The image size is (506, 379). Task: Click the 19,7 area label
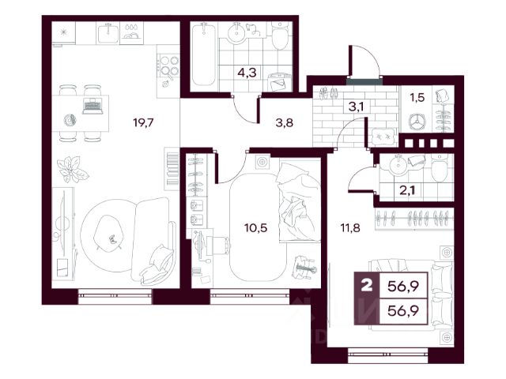[x=144, y=123]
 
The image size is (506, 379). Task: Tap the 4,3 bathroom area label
[x=247, y=73]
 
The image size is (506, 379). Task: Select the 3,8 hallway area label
[x=285, y=122]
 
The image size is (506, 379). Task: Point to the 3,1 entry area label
[x=357, y=106]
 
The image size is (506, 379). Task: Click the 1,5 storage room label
[x=417, y=97]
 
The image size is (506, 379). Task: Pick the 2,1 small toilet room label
[x=407, y=190]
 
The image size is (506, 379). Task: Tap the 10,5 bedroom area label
[x=256, y=228]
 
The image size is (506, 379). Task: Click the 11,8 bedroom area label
[x=350, y=228]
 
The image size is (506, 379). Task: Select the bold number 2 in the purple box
[x=367, y=286]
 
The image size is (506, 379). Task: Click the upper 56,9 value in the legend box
[x=403, y=286]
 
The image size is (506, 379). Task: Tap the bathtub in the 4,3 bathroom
[x=204, y=55]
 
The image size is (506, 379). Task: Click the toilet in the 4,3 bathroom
[x=279, y=36]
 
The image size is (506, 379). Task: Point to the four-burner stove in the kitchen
[x=168, y=66]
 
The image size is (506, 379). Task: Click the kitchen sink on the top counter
[x=108, y=33]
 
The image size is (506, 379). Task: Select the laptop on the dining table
[x=93, y=106]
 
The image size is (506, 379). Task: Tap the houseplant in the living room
[x=73, y=168]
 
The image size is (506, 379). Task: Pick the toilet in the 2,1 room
[x=440, y=167]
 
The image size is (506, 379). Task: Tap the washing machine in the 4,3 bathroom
[x=279, y=82]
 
